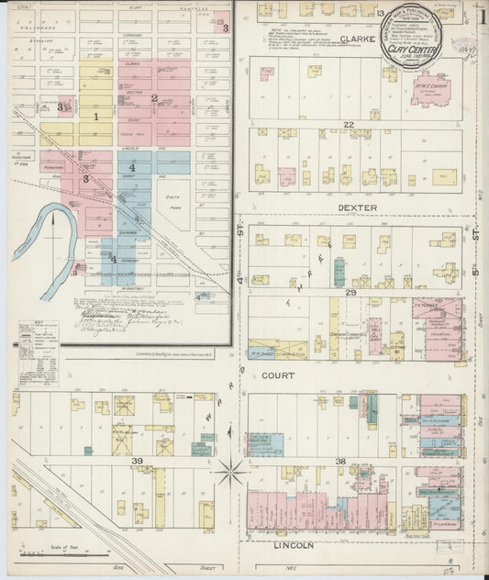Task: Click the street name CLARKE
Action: point(358,39)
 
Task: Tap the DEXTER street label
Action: point(357,207)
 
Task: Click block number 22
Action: point(349,124)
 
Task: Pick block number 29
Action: point(350,291)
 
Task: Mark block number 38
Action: point(340,461)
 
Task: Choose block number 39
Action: point(138,461)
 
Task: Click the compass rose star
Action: point(232,473)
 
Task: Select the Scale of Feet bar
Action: point(55,553)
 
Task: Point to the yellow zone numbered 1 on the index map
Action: point(95,117)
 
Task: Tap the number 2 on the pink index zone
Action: point(154,98)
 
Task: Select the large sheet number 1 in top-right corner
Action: point(481,15)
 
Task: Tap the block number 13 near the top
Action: point(379,14)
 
